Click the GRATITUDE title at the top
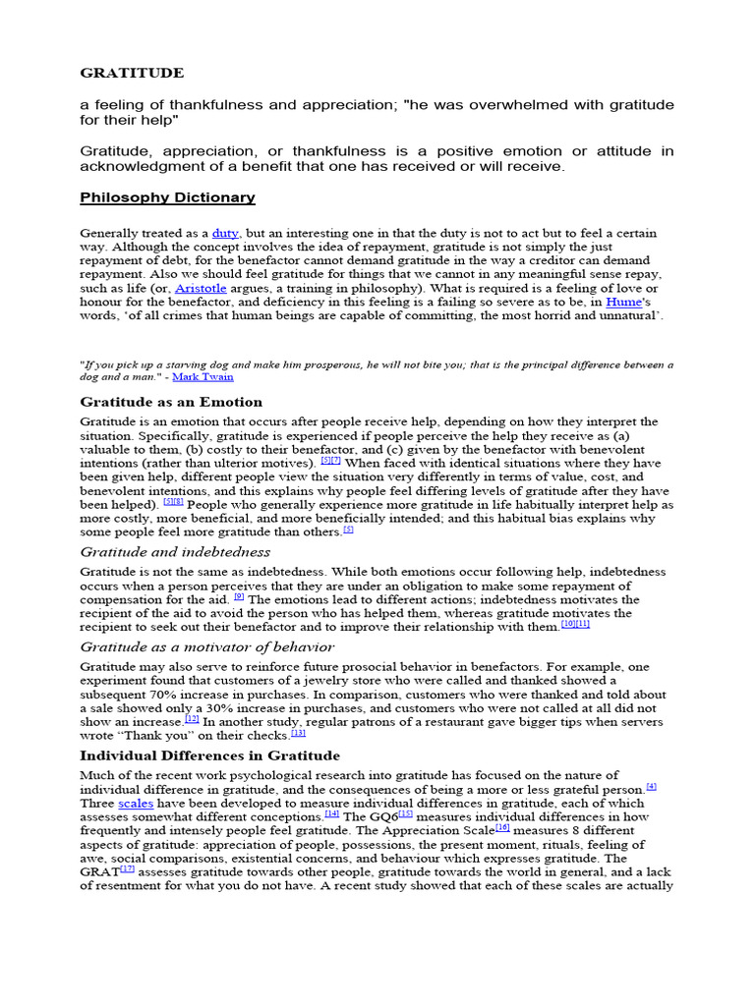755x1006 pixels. [131, 73]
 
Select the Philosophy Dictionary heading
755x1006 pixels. [167, 197]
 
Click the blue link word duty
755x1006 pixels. [225, 233]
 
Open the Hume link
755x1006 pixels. [621, 302]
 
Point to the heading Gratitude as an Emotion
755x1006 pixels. [170, 402]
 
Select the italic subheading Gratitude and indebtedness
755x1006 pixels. [175, 552]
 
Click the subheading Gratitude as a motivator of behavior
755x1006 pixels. [206, 646]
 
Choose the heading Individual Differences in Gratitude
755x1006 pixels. [209, 755]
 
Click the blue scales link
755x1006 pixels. [136, 803]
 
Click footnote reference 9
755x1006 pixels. [239, 596]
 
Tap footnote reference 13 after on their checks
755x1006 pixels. [299, 733]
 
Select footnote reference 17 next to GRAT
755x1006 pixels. [127, 869]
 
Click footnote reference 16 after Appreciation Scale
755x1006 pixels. [502, 828]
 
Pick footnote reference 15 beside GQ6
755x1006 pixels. [405, 814]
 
